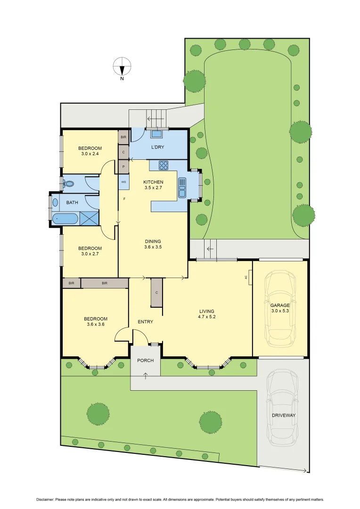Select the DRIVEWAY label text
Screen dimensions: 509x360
pos(283,415)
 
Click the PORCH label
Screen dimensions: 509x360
pos(145,361)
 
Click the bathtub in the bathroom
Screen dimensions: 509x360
pos(65,219)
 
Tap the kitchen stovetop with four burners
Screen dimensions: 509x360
pos(164,165)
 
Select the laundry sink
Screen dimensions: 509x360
pos(156,134)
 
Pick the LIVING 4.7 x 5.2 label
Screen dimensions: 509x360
pos(207,314)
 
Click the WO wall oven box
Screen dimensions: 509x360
pos(123,182)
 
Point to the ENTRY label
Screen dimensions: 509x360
pos(145,322)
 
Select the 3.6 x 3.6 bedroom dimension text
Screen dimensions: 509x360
pos(96,324)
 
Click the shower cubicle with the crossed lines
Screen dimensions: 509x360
pos(90,218)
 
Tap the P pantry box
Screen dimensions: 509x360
pos(123,166)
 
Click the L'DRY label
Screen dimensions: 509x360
pos(157,148)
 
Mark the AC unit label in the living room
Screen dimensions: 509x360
pos(246,278)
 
